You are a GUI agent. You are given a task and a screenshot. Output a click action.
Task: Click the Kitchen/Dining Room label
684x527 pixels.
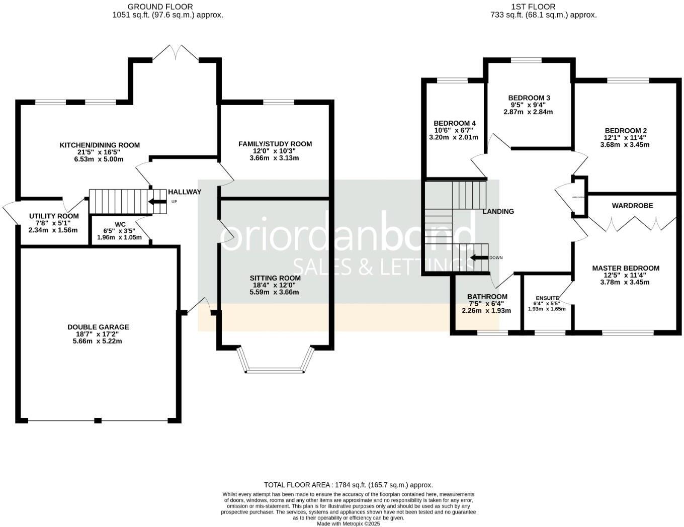100,145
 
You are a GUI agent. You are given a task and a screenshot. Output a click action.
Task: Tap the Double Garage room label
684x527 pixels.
98,327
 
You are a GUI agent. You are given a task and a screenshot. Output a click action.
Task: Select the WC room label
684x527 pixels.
120,224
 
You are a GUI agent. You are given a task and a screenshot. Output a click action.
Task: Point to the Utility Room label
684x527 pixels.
53,216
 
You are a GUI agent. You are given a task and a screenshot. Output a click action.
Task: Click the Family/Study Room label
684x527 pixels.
275,144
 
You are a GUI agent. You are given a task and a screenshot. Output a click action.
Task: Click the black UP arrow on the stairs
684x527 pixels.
157,202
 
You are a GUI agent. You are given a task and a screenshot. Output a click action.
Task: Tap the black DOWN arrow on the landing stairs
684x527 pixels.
479,257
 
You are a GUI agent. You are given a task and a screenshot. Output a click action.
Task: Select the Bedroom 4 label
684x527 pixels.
454,123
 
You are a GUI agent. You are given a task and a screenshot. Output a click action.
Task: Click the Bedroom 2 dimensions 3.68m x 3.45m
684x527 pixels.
625,145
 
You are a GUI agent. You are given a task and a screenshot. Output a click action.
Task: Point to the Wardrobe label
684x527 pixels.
632,205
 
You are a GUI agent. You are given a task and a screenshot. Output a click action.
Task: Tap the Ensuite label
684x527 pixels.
547,298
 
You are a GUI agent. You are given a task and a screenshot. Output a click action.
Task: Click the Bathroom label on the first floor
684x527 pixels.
487,297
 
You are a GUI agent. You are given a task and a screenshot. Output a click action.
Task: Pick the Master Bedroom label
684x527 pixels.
625,268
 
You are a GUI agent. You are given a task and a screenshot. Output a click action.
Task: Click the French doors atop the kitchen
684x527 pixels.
176,53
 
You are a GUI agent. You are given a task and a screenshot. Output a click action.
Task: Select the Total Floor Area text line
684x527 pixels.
348,485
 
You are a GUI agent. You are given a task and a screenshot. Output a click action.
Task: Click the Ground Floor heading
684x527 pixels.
160,7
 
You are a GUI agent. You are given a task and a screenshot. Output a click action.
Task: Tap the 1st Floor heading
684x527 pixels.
533,7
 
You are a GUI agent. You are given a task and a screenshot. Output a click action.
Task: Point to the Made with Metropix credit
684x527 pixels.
348,523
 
